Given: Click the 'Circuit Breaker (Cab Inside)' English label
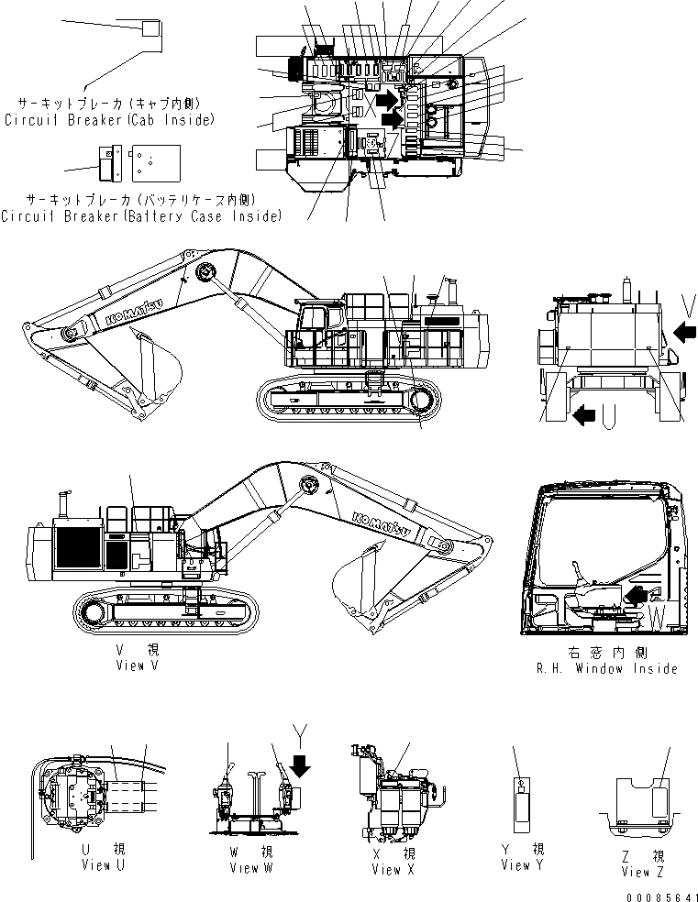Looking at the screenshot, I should (x=109, y=119).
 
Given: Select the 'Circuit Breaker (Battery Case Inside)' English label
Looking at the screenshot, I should (x=140, y=216).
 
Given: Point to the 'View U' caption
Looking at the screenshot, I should (x=96, y=864).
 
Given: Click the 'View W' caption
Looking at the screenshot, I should (x=244, y=867).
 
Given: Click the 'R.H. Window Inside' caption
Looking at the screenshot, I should (x=606, y=668).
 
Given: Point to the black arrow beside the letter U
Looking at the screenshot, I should (x=582, y=417).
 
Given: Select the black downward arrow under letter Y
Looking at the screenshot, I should (x=299, y=762).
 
